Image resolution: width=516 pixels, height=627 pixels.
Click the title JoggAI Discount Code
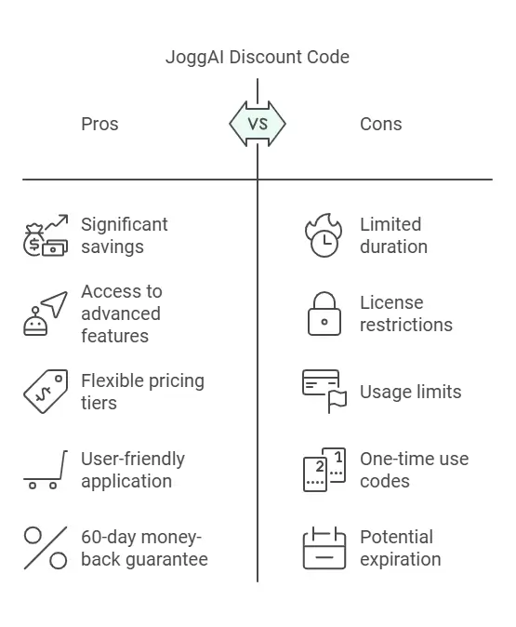[x=258, y=57]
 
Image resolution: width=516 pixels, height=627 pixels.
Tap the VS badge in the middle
[x=258, y=124]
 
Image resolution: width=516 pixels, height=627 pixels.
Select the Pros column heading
[x=99, y=124]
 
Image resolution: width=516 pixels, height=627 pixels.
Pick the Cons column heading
[x=380, y=124]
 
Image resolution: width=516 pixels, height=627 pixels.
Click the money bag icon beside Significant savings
[x=46, y=235]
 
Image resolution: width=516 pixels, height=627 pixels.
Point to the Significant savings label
[x=125, y=235]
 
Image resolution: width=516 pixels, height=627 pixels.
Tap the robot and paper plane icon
[x=46, y=313]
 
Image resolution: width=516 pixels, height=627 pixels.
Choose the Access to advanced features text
[x=122, y=313]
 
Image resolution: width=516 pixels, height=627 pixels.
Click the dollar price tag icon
[x=46, y=392]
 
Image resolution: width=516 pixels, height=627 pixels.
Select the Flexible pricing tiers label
[x=142, y=392]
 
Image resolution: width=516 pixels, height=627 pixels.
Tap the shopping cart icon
[x=46, y=470]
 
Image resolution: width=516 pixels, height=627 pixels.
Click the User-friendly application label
[x=133, y=470]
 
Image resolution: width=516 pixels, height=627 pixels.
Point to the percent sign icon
[x=46, y=548]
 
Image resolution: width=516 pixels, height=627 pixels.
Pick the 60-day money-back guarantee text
[x=144, y=548]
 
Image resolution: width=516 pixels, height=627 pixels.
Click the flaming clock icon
[x=324, y=235]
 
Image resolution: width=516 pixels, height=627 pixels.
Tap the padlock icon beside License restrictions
[x=324, y=313]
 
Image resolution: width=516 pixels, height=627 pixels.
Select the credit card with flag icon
[x=324, y=392]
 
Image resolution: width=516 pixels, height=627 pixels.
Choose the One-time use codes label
[x=414, y=470]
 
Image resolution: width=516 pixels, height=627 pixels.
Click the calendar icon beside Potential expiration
[x=324, y=548]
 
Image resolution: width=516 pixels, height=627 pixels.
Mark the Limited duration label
[x=393, y=235]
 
